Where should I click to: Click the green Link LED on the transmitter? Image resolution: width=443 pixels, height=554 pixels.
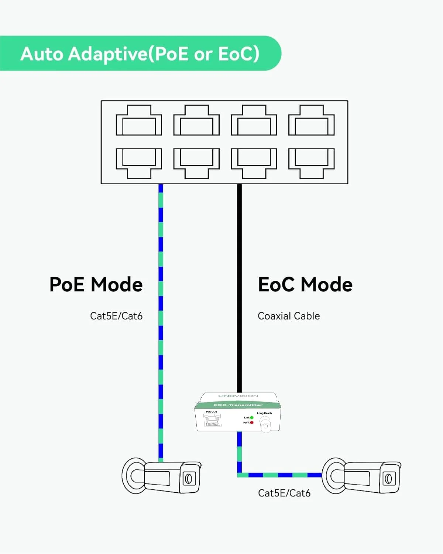point(252,418)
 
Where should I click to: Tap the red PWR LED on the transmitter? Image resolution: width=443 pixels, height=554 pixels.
point(252,423)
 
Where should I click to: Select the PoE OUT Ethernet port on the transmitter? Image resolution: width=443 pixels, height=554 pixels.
point(212,420)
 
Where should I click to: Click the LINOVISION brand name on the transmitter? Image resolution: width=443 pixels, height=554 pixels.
point(238,396)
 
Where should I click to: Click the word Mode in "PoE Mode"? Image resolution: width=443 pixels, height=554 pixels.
point(117,284)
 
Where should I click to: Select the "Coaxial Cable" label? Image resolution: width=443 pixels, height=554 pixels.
point(289,316)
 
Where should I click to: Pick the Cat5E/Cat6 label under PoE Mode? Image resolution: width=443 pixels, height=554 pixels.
point(116,316)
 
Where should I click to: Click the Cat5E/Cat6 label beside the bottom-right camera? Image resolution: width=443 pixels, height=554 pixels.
point(284,493)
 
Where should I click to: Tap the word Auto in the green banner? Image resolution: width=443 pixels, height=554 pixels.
point(42,54)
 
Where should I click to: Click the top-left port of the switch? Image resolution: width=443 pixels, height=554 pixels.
point(139,120)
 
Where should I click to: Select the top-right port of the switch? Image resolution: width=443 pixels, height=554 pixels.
point(311,120)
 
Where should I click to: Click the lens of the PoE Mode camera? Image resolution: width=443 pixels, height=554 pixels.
point(188,479)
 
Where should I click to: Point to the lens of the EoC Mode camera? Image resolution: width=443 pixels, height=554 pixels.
point(388,479)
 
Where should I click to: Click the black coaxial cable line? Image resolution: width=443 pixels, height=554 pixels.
point(239,288)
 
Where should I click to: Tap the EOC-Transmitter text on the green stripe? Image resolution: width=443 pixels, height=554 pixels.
point(238,405)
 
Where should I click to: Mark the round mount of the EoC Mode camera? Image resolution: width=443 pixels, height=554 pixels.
point(334,476)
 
